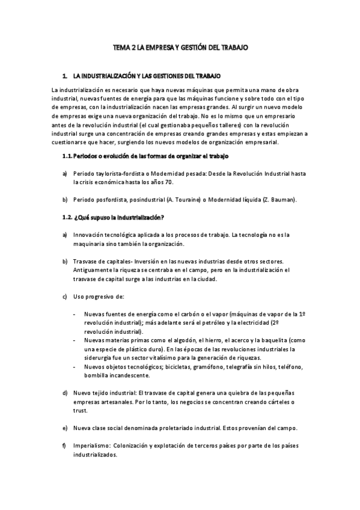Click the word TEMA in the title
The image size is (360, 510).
[123, 46]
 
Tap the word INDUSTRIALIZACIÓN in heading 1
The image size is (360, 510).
[106, 77]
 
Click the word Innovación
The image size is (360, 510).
[88, 234]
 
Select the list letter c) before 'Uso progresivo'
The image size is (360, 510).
[65, 296]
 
